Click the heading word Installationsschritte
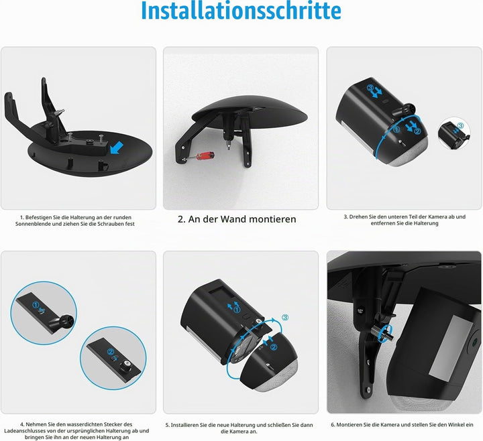(x=241, y=11)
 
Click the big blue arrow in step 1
(x=117, y=147)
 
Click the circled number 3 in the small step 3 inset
(x=460, y=125)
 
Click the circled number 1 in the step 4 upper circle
(x=36, y=305)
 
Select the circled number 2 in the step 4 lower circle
(x=110, y=352)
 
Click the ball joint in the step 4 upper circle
(x=68, y=320)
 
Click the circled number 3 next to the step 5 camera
(x=285, y=317)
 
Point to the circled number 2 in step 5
(x=273, y=347)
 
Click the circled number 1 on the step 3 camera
(x=396, y=129)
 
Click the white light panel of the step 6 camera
(x=449, y=347)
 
